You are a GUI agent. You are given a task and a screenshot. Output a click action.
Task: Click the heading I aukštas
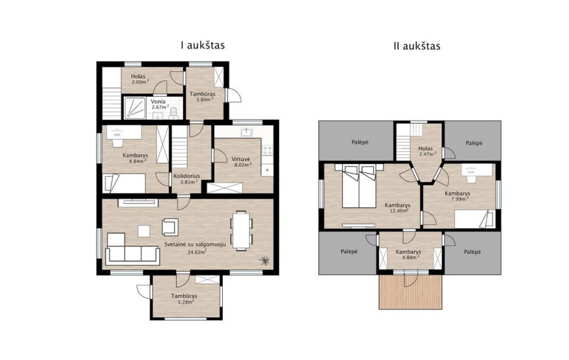203,45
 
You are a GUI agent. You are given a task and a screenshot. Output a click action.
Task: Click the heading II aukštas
417,46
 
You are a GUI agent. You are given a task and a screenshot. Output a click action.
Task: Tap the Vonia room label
159,102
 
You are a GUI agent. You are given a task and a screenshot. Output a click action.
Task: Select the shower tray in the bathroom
135,108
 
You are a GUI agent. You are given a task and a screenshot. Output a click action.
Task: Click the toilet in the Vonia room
174,113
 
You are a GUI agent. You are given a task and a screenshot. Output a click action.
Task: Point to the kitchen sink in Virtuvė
247,131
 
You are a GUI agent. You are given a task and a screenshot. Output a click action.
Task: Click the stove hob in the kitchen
267,150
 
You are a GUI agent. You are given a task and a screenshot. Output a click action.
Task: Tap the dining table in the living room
241,231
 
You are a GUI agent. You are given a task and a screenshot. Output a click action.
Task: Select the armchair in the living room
170,227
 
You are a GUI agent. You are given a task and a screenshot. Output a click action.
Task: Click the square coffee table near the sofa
144,231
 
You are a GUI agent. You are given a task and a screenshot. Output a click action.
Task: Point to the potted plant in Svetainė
264,260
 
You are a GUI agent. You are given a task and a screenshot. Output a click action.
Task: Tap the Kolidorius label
186,176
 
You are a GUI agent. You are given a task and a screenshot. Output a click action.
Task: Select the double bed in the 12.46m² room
359,186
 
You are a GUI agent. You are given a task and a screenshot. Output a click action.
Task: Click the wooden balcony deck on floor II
410,292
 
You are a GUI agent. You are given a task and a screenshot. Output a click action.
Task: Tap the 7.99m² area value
459,199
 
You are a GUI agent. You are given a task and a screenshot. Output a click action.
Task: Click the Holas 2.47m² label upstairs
426,152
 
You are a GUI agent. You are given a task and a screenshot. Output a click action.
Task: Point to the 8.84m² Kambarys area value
138,161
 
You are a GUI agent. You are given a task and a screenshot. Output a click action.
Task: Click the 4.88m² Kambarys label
408,255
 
